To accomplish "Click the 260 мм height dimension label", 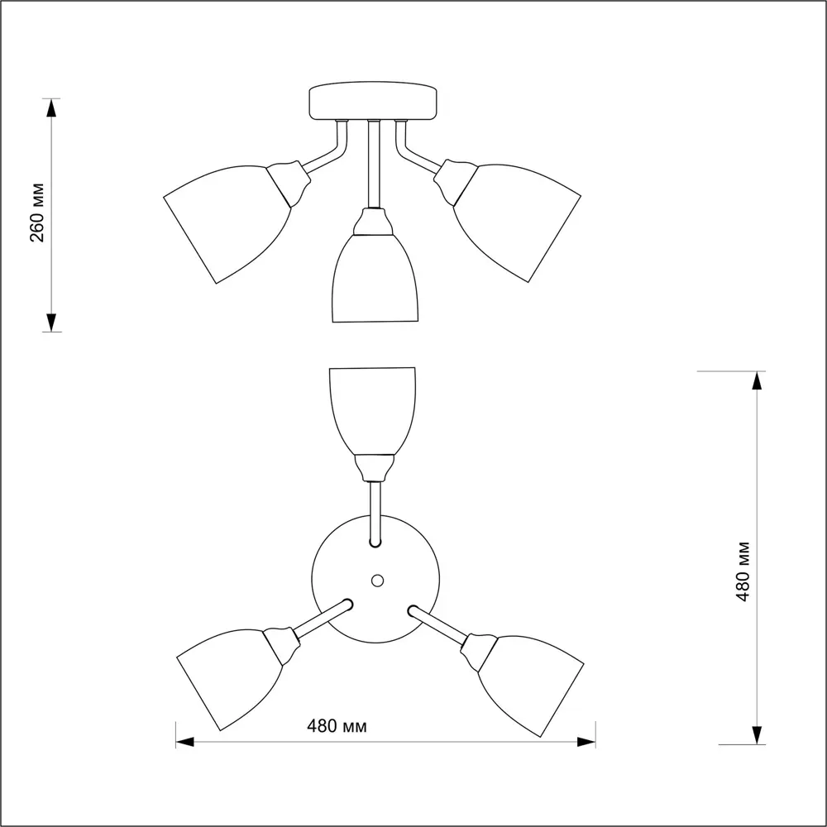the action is click(37, 213).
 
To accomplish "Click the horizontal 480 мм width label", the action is click(337, 726).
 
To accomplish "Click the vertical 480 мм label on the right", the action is click(743, 571).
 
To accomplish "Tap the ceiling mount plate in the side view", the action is click(373, 101).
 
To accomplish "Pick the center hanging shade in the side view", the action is click(375, 278).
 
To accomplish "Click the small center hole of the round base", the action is click(377, 581).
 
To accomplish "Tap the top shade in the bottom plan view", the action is click(372, 411).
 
